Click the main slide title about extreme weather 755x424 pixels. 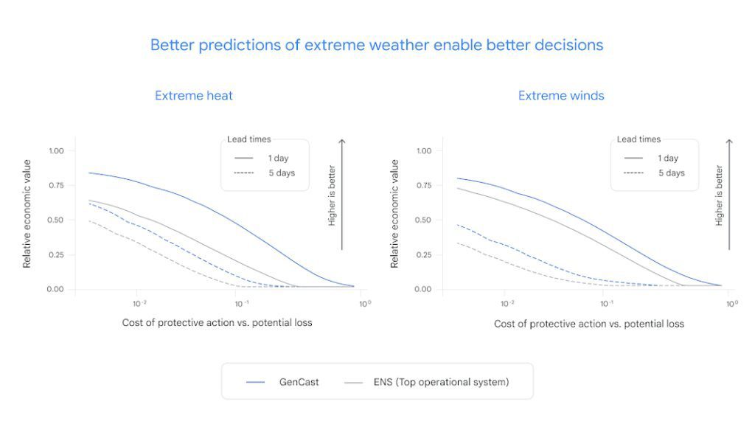pos(377,45)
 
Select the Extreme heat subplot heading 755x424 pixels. pos(194,96)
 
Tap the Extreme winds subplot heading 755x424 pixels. pos(561,96)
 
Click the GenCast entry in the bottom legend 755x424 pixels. pos(299,382)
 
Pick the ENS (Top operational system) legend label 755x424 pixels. pos(441,382)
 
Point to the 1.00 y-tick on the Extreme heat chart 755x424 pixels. pos(56,151)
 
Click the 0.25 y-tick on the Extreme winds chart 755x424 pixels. pos(423,255)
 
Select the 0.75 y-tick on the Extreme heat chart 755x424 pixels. pos(56,186)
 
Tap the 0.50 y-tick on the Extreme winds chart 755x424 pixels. pos(423,220)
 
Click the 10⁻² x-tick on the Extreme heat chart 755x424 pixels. pos(139,304)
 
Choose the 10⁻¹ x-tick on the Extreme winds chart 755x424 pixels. pos(608,304)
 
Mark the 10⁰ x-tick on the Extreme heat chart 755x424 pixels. pos(364,304)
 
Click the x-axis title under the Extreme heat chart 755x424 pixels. pos(217,323)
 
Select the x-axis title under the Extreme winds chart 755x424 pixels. pos(588,324)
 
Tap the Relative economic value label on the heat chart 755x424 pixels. pos(27,214)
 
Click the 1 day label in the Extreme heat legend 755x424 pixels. pos(277,158)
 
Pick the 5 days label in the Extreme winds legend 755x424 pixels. pos(671,173)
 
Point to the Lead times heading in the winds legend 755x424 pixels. pos(639,139)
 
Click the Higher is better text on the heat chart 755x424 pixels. pos(332,195)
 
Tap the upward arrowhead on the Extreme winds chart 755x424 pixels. pos(729,141)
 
